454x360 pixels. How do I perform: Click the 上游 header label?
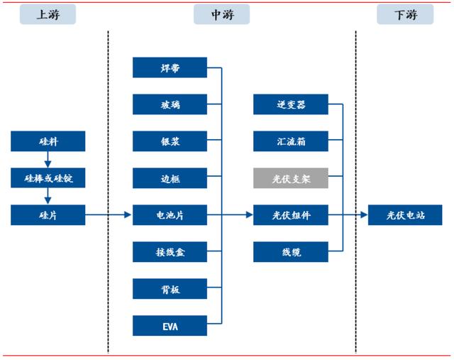point(48,14)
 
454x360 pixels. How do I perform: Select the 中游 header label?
point(221,14)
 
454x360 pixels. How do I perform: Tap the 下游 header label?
point(404,14)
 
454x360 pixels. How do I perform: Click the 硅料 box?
point(48,141)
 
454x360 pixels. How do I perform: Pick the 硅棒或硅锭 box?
point(48,178)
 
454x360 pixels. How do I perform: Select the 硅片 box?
point(48,214)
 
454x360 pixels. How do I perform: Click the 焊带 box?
point(170,68)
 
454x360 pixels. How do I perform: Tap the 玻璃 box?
point(170,104)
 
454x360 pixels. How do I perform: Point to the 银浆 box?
point(170,141)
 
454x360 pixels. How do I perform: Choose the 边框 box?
point(170,178)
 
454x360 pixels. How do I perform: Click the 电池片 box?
point(170,214)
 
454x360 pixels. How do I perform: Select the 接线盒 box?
point(170,251)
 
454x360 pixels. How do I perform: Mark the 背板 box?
point(170,288)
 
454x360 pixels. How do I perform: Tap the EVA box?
point(170,325)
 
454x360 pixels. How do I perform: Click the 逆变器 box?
point(291,104)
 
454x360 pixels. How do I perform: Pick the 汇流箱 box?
point(291,141)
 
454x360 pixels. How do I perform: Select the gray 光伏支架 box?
point(291,178)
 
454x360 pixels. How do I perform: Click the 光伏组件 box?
point(291,214)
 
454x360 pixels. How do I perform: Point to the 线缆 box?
point(291,251)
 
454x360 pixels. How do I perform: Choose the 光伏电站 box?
point(405,214)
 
